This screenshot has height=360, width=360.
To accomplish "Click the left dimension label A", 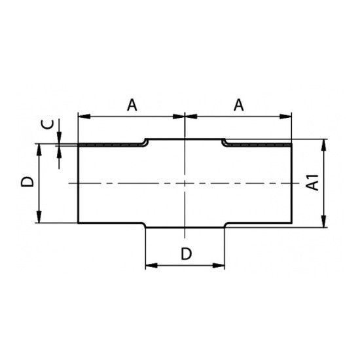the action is (132, 105).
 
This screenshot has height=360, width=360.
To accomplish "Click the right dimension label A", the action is (238, 105).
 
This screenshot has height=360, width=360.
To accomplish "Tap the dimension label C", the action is (48, 124).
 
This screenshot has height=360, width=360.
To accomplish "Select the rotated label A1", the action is (313, 183).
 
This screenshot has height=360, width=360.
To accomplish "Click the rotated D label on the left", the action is (27, 181).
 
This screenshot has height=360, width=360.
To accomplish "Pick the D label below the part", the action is (186, 254).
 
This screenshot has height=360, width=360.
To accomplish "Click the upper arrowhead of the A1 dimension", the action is (324, 145).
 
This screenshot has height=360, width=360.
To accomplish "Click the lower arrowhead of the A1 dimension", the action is (324, 221).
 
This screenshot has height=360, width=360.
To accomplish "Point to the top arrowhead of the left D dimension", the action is (39, 150).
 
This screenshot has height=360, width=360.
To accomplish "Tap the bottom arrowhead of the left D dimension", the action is (39, 217).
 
